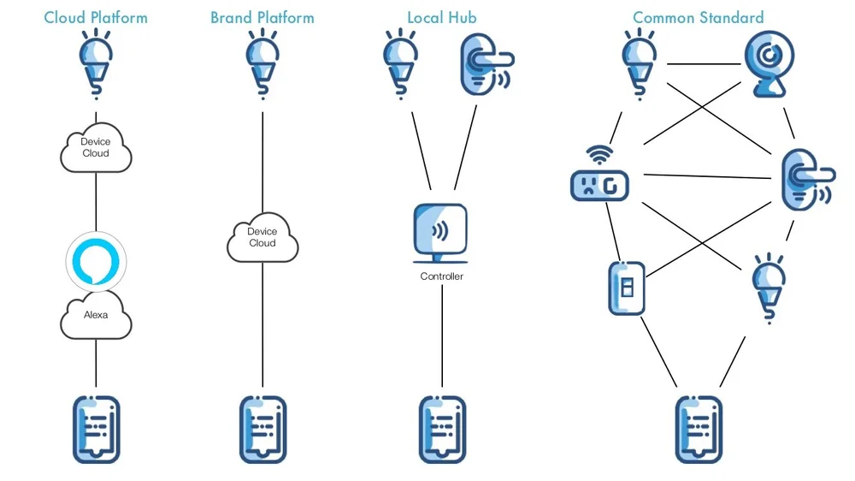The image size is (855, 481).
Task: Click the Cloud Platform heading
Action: coord(96,17)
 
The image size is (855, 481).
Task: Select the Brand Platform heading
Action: coord(262,17)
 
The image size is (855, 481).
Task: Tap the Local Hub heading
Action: coord(441,17)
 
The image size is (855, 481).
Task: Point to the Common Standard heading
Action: coord(699,17)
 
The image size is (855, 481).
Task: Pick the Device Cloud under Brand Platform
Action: coord(262,237)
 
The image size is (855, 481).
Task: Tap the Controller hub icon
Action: coord(440,234)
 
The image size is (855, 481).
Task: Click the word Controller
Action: coord(441,276)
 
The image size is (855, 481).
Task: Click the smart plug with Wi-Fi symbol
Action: coord(598,178)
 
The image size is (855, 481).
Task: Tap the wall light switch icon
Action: coord(626,288)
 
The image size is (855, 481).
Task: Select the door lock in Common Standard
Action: coord(805,181)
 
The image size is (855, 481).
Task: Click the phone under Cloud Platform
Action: coord(96,429)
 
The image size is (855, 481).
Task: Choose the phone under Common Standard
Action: coord(699,429)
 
